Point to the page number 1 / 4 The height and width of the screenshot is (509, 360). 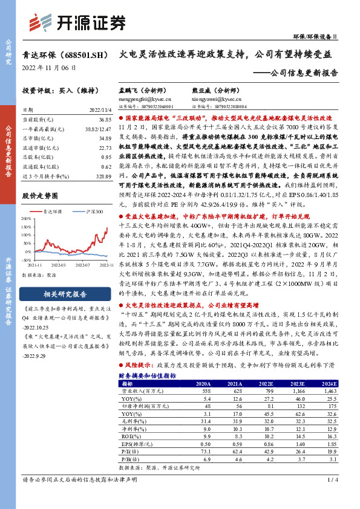point(332,497)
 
